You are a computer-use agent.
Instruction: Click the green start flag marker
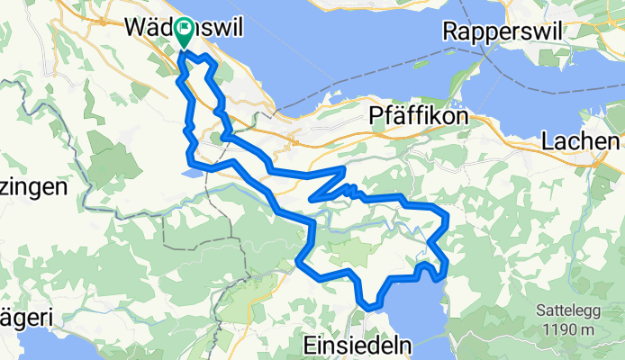pos(184,33)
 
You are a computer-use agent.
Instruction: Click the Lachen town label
pos(582,141)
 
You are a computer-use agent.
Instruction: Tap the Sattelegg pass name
pos(566,310)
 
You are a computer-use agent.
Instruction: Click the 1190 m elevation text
pos(568,329)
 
